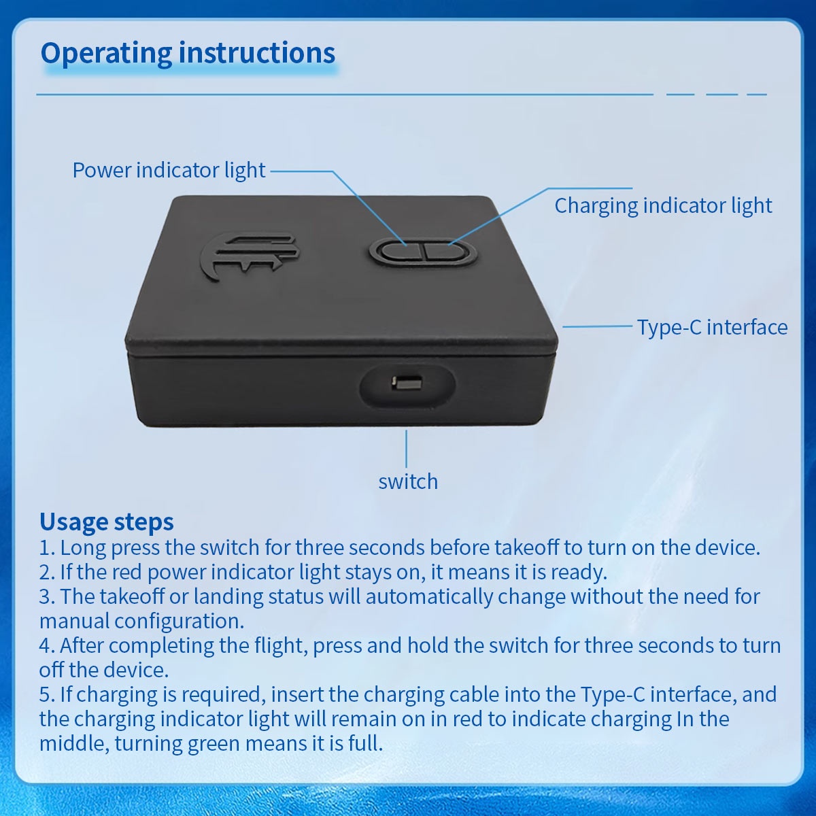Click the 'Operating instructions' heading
point(188,53)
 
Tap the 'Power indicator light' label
point(169,171)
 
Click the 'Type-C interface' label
point(712,327)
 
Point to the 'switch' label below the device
point(408,481)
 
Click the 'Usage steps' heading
point(107,522)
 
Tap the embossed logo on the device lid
point(250,256)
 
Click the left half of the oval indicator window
point(400,252)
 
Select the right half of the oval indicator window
point(447,252)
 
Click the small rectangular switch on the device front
point(407,384)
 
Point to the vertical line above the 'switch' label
point(407,448)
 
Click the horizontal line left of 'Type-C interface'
point(597,326)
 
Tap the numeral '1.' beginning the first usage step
point(48,548)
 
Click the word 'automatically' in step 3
point(429,597)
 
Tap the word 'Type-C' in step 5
point(612,695)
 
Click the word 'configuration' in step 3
point(180,622)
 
